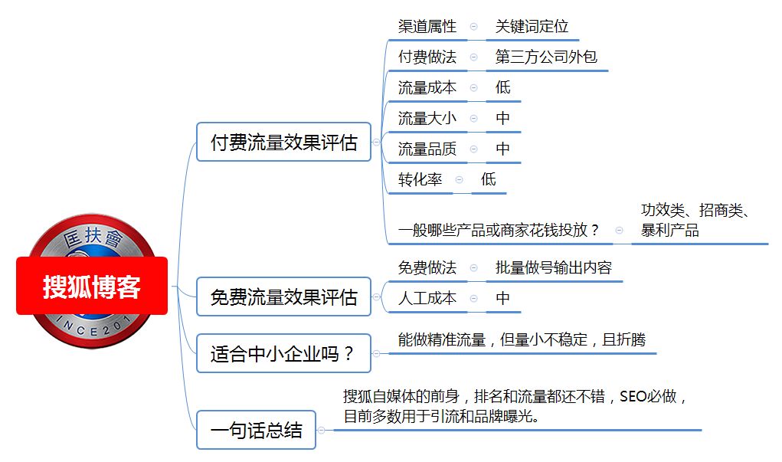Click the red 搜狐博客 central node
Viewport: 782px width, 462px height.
92,286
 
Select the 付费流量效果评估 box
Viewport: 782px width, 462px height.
284,143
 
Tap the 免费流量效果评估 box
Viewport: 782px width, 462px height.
284,297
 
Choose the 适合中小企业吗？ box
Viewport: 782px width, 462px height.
284,353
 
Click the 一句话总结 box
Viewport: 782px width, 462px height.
257,430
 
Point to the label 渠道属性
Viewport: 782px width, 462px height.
427,27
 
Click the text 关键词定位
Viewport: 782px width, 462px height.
532,27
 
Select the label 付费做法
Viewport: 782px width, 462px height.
427,57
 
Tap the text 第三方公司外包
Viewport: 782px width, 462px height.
546,57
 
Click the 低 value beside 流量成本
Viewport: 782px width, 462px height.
502,87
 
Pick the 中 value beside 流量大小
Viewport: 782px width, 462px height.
502,118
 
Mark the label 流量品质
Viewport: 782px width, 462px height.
427,149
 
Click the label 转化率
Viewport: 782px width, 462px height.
420,179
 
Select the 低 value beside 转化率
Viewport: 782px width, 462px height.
488,179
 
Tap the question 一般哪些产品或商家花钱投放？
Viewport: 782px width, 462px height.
499,230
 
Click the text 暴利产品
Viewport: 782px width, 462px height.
669,230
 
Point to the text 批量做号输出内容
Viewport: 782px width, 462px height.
554,268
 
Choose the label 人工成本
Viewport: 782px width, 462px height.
427,298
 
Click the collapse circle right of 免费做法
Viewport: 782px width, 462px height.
474,268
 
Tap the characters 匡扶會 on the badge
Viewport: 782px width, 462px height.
93,237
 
